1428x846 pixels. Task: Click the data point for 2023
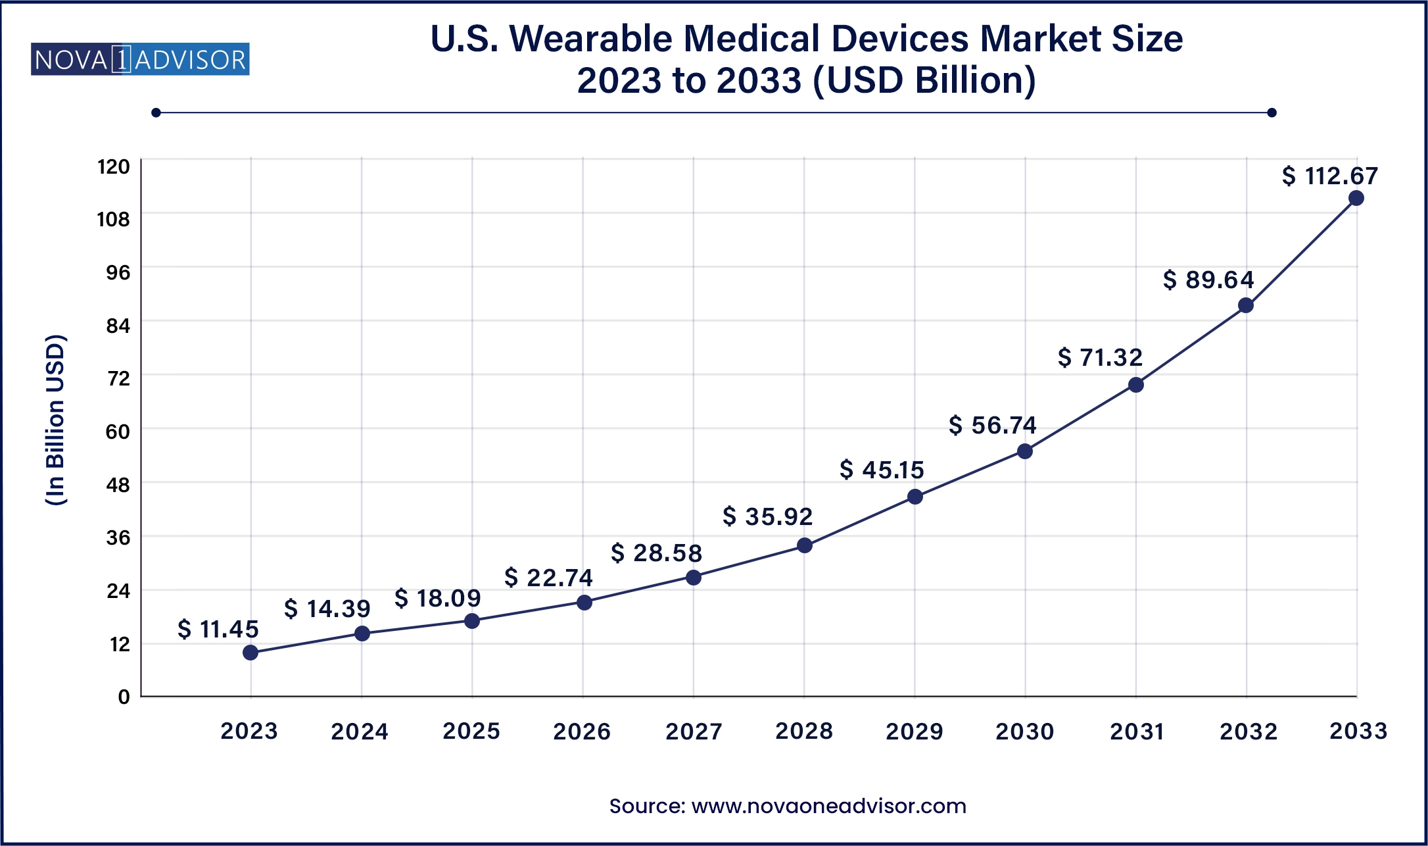click(x=250, y=653)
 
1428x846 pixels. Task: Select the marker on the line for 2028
click(x=805, y=545)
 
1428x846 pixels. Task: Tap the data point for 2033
click(x=1356, y=198)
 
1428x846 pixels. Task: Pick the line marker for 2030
click(x=1025, y=451)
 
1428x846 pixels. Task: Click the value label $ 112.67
click(x=1329, y=176)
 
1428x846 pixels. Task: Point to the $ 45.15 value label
click(x=882, y=470)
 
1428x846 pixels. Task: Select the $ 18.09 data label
click(x=437, y=599)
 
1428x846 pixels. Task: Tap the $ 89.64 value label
click(x=1208, y=280)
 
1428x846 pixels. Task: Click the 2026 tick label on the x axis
click(x=582, y=732)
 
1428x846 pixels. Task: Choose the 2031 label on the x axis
click(x=1137, y=732)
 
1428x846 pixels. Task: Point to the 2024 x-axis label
click(x=360, y=732)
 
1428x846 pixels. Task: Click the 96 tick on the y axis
click(x=118, y=272)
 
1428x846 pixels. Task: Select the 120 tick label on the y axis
click(x=114, y=166)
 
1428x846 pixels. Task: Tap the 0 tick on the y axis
click(x=124, y=697)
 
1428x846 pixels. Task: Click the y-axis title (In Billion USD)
click(x=56, y=420)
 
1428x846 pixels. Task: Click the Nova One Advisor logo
click(x=140, y=60)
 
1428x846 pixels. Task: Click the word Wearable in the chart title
click(x=592, y=39)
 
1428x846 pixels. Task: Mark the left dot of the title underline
click(x=156, y=112)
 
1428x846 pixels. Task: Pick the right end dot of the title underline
click(x=1272, y=112)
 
